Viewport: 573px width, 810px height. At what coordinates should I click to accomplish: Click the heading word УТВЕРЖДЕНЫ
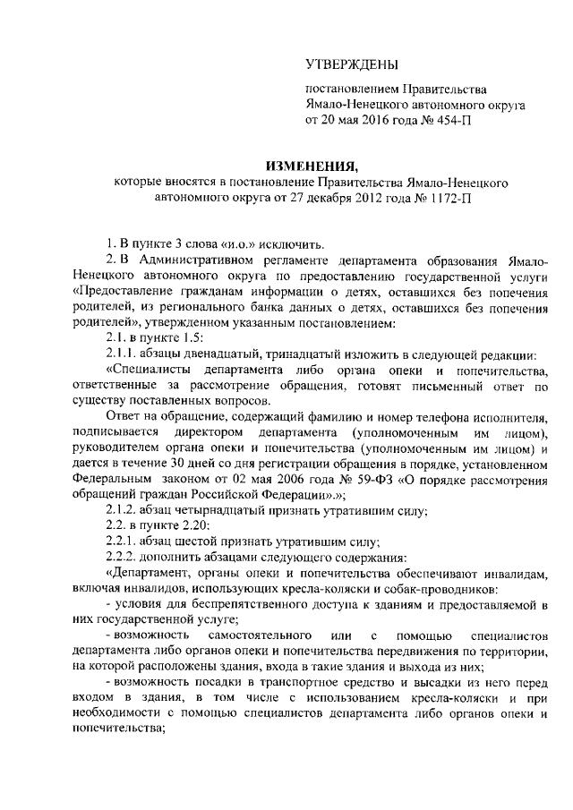350,64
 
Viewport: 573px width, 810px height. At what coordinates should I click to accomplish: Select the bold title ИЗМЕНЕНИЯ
312,166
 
